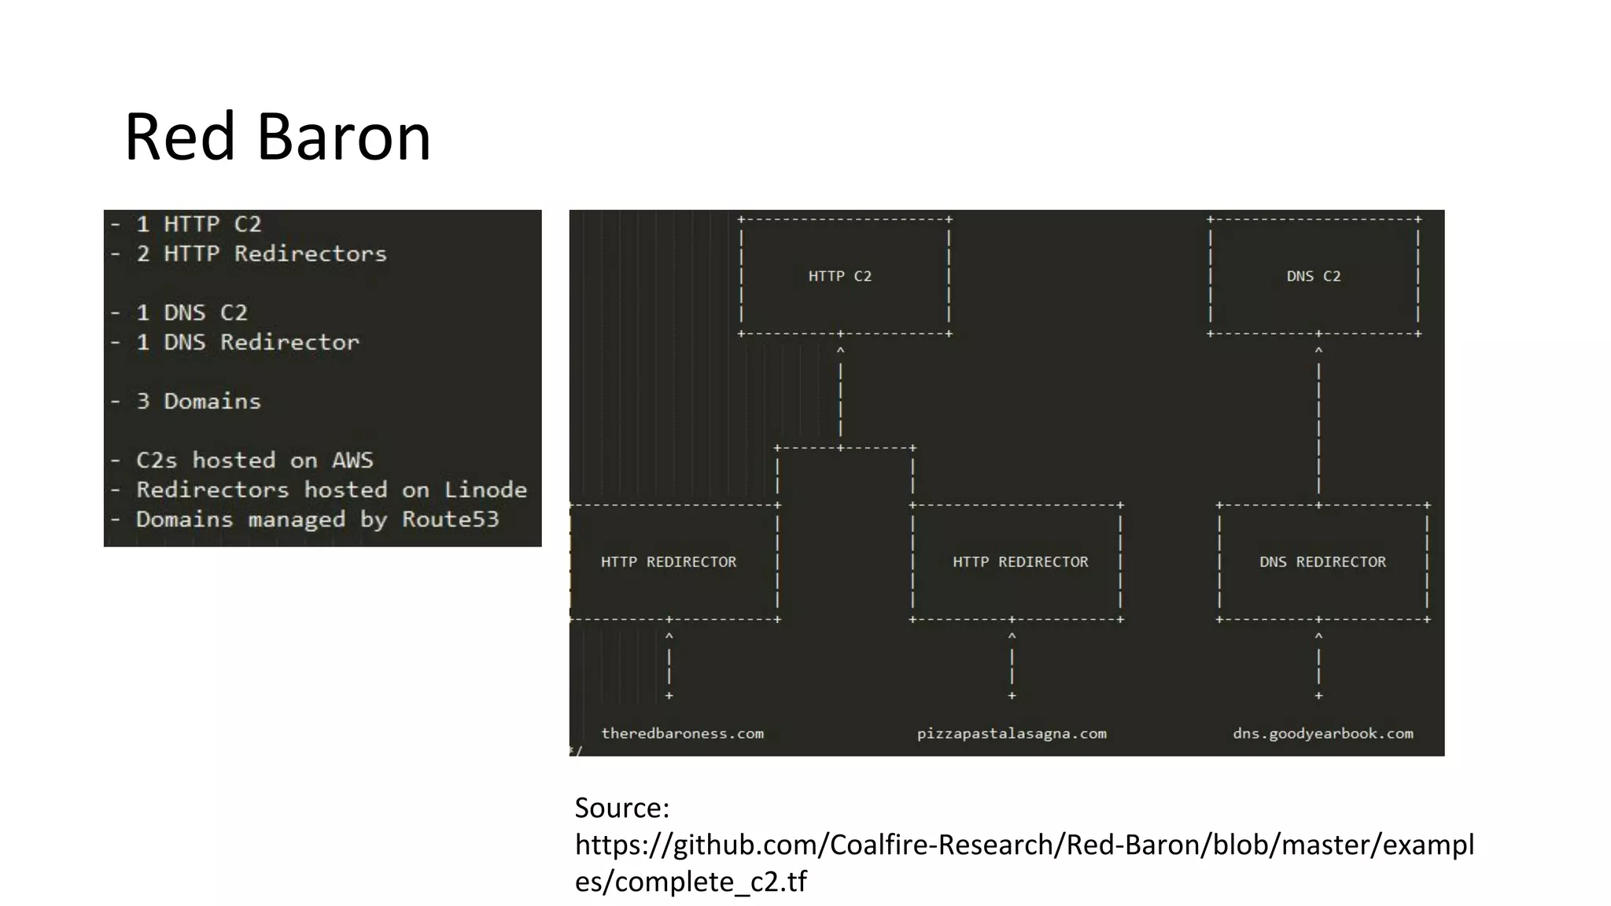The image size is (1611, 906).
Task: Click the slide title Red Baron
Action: [x=278, y=137]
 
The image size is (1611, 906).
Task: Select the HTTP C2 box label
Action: [x=839, y=276]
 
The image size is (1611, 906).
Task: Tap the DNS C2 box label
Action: [x=1313, y=276]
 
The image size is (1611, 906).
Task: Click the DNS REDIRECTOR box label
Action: [x=1322, y=562]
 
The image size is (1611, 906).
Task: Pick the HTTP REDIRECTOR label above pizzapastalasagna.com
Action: [x=1020, y=562]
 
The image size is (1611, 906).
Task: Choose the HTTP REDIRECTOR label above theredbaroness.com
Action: [x=669, y=562]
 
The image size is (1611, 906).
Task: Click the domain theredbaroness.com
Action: [x=682, y=733]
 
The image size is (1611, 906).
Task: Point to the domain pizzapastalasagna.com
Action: [x=1012, y=733]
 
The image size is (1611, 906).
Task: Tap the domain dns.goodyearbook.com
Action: [x=1322, y=733]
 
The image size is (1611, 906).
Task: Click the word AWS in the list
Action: [x=352, y=460]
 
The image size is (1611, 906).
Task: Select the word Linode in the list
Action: [x=485, y=489]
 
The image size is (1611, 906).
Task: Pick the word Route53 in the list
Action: [x=451, y=519]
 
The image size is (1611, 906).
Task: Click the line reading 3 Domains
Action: [x=198, y=401]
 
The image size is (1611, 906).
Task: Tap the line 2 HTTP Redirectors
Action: [x=261, y=253]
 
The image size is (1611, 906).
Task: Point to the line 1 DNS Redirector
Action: [x=248, y=342]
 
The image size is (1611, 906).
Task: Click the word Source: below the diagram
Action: [x=622, y=808]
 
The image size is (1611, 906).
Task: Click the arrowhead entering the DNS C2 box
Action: [x=1318, y=351]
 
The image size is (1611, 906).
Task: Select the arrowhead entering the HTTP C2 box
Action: [x=840, y=351]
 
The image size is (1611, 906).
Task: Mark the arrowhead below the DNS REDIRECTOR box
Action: [x=1318, y=636]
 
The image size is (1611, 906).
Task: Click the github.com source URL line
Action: [x=1024, y=845]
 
